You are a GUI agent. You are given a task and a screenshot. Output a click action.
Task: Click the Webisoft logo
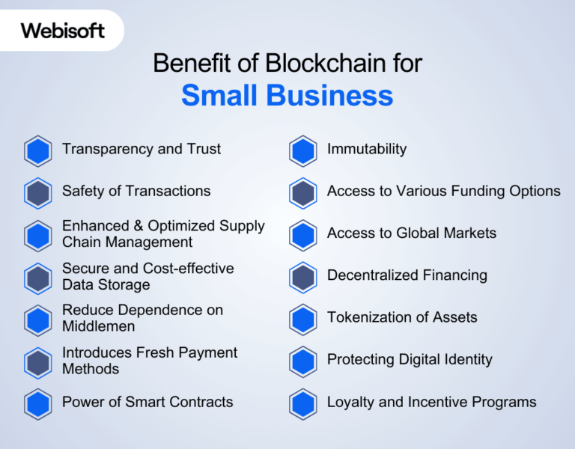[x=63, y=31]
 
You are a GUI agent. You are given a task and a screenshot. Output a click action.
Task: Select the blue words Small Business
[x=287, y=96]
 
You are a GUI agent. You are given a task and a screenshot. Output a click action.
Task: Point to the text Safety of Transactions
[x=136, y=191]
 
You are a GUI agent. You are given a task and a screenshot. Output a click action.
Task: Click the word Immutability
[x=367, y=149]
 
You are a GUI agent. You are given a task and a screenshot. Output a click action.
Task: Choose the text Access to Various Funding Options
[x=443, y=191]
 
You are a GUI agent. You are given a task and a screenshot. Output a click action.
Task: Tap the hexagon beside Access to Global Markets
[x=302, y=235]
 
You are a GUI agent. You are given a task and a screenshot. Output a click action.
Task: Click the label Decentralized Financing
[x=407, y=275]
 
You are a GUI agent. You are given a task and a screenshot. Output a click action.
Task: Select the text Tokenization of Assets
[x=402, y=317]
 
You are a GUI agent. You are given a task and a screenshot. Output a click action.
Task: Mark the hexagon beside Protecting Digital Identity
[x=302, y=361]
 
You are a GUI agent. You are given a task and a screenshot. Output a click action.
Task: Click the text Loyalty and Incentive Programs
[x=431, y=402]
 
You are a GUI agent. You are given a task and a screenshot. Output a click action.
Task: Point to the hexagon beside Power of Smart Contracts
[x=37, y=404]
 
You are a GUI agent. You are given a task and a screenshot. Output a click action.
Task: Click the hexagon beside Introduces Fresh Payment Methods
[x=37, y=362]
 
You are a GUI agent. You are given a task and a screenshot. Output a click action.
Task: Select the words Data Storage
[x=106, y=284]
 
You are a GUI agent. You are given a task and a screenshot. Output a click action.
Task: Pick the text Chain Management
[x=127, y=242]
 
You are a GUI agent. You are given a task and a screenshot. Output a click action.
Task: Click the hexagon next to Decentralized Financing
[x=302, y=278]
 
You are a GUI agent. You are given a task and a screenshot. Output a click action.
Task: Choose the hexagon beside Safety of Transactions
[x=37, y=193]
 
